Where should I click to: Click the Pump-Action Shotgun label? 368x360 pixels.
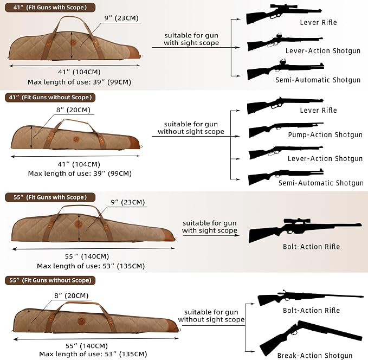[325, 135]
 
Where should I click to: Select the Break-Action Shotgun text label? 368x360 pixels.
[315, 356]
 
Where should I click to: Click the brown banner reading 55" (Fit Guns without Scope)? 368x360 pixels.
[50, 280]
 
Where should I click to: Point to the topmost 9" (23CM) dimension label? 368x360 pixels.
[121, 18]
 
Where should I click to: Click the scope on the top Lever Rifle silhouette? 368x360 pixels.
[284, 7]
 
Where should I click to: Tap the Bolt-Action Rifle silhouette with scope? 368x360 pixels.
[305, 230]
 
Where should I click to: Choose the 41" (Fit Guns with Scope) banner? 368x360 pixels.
[50, 8]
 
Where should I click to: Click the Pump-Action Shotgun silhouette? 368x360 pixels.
[286, 130]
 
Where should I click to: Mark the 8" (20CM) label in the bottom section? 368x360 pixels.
[72, 295]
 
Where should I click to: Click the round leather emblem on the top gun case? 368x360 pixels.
[73, 42]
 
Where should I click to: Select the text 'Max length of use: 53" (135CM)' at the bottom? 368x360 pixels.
[93, 354]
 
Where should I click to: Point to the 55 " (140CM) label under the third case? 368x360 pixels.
[87, 256]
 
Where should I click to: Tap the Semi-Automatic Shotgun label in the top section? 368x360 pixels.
[318, 80]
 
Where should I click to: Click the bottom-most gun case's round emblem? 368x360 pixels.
[81, 321]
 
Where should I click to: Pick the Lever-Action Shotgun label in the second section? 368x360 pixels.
[325, 159]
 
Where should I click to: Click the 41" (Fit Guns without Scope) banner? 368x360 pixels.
[50, 98]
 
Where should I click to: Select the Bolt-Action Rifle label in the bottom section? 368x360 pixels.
[311, 311]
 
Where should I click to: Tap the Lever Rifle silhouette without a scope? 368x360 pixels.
[285, 105]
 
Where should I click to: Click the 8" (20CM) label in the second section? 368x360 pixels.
[73, 110]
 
